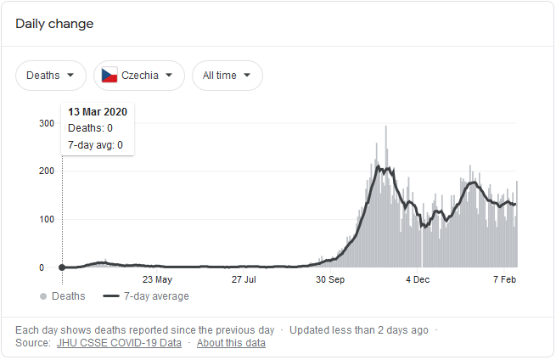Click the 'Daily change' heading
pos(54,24)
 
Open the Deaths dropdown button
pos(50,76)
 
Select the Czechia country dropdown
pos(139,76)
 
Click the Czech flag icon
pos(109,76)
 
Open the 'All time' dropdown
pos(227,76)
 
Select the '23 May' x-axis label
pos(157,278)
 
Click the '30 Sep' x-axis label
pos(330,278)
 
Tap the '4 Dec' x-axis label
pos(418,278)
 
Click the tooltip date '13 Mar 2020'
pos(98,112)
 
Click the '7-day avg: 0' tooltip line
pos(95,145)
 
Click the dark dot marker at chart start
pos(62,267)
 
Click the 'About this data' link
pos(231,343)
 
